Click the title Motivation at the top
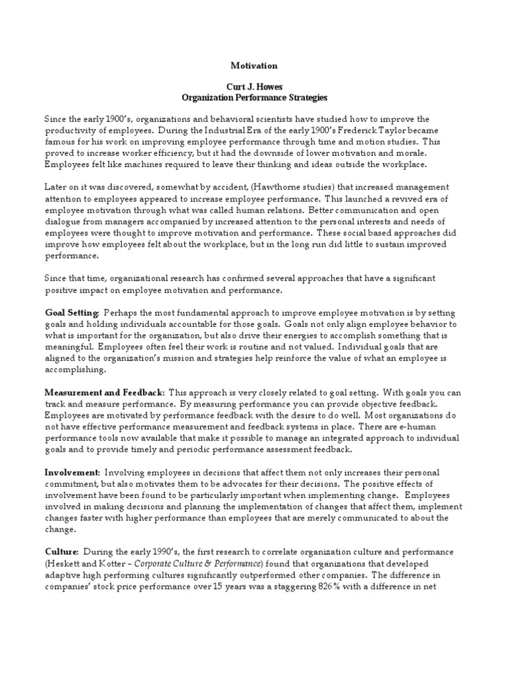(x=254, y=66)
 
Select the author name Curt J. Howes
(x=254, y=88)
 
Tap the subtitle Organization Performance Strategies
(x=254, y=98)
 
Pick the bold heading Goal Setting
(x=72, y=312)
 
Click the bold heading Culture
(x=62, y=552)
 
